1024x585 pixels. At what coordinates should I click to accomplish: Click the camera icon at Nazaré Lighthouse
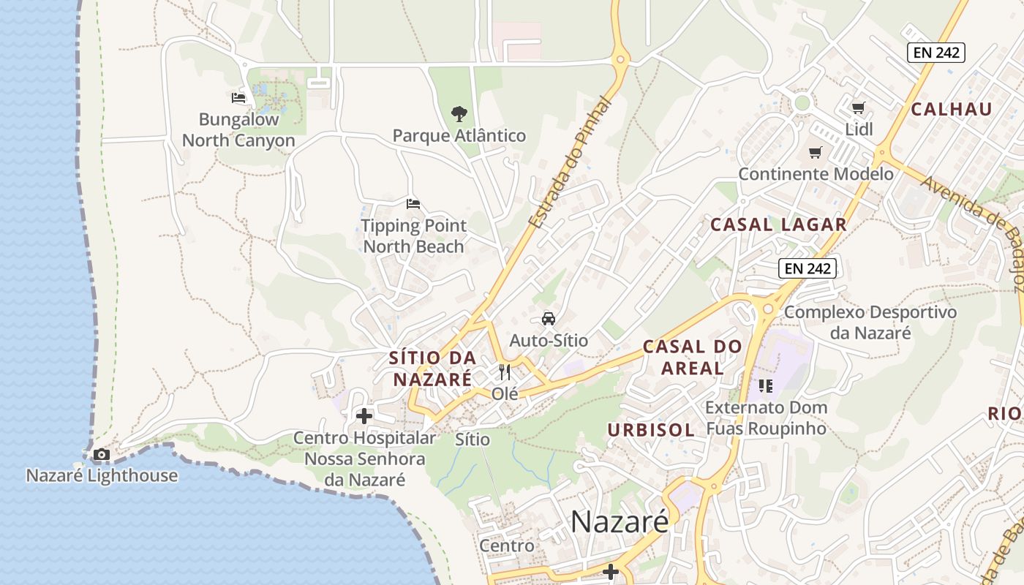pos(102,455)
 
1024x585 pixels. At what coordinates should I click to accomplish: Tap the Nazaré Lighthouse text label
pos(102,475)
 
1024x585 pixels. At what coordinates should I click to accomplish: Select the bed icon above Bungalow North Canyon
pos(238,97)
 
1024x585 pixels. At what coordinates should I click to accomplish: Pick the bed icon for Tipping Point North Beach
pos(413,204)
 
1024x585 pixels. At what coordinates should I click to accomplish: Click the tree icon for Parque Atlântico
pos(459,114)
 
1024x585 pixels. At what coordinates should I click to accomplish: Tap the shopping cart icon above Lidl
pos(859,108)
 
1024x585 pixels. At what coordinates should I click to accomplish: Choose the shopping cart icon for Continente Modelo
pos(815,153)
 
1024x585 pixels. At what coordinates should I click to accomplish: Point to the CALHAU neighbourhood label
pos(952,110)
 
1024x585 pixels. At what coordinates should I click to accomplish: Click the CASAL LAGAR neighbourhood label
pos(778,224)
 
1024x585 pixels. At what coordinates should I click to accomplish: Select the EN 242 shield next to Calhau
pos(936,52)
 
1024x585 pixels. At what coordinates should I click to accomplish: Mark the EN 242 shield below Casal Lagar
pos(807,268)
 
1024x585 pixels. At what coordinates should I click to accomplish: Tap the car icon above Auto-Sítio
pos(548,319)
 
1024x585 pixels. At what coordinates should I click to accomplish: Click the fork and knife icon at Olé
pos(504,372)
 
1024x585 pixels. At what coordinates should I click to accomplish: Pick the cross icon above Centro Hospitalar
pos(364,417)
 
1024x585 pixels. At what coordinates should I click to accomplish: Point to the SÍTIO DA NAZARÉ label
pos(432,369)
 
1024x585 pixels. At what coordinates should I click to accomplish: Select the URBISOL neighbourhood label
pos(651,429)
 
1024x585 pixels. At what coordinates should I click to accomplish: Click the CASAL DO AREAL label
pos(692,357)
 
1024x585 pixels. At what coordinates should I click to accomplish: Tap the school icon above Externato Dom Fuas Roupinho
pos(766,385)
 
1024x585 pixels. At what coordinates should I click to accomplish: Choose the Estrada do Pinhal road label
pos(570,162)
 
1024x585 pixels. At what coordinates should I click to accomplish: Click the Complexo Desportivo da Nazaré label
pos(870,322)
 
